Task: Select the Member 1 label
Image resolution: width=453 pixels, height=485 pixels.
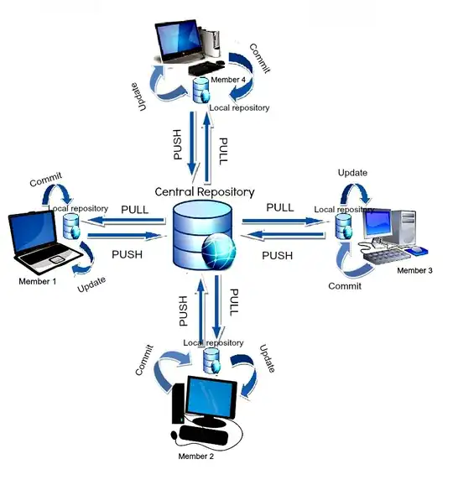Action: click(37, 281)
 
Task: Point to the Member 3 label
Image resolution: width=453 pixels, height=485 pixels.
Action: click(414, 270)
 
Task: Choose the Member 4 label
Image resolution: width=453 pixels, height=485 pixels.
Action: click(228, 79)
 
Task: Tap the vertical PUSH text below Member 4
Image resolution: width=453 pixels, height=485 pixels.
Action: click(177, 143)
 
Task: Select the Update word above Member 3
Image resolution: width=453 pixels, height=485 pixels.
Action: click(352, 173)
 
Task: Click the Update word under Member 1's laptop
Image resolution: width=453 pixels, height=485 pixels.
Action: click(91, 286)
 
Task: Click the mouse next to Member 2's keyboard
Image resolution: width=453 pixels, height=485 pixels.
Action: click(175, 435)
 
